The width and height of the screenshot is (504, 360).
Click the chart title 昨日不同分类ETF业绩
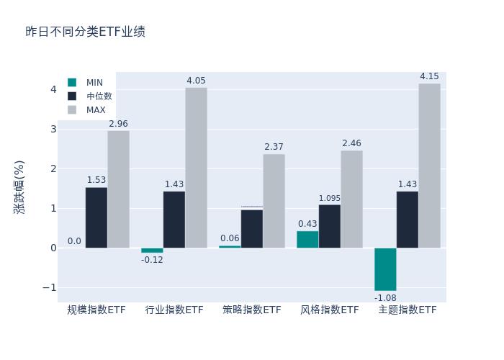tap(85, 32)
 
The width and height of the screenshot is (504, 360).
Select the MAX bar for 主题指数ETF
tap(429, 166)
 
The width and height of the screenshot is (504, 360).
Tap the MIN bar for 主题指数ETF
tap(385, 269)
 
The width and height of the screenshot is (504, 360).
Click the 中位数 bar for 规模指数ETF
tap(96, 217)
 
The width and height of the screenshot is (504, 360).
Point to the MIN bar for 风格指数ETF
tap(307, 239)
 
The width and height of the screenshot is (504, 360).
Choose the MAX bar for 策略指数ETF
tap(274, 201)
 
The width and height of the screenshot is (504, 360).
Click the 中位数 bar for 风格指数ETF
tap(330, 226)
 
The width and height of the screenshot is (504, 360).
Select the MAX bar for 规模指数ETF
tap(118, 189)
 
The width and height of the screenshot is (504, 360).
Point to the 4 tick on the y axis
tap(53, 89)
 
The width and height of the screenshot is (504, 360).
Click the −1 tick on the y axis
tap(48, 287)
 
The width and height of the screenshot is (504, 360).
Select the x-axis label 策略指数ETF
tap(252, 310)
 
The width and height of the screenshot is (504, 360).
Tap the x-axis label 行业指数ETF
tap(174, 310)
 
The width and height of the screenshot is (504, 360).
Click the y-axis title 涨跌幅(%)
tap(19, 187)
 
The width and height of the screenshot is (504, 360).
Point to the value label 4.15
tap(429, 76)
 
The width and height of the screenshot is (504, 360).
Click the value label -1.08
tap(385, 297)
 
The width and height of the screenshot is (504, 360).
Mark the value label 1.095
tap(330, 199)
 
